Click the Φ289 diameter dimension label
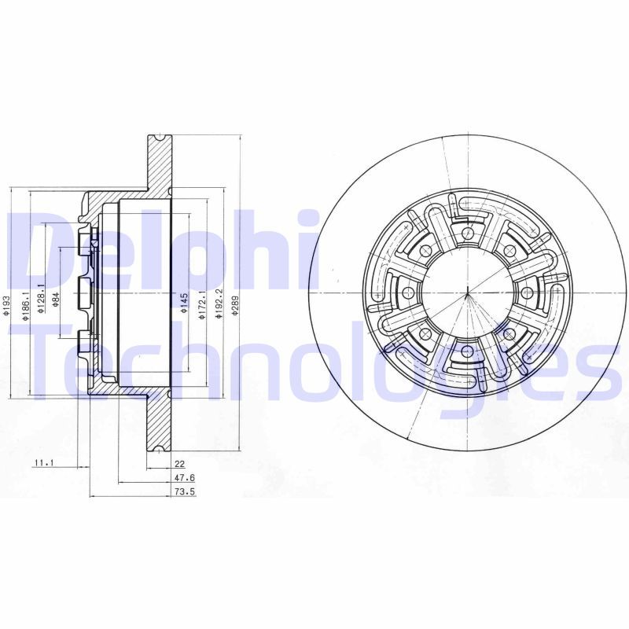234,300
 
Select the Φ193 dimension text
6,306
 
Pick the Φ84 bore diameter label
56,300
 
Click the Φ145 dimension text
184,303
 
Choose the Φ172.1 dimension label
203,303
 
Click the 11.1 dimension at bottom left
43,463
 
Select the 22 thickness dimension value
179,463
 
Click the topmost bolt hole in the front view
468,233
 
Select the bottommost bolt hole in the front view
468,351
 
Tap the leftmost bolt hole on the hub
407,292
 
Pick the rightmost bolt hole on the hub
528,292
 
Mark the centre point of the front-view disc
468,292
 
